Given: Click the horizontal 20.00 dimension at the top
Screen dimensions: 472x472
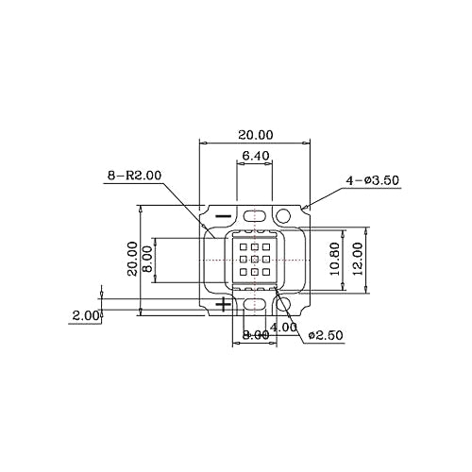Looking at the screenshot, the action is [x=256, y=135].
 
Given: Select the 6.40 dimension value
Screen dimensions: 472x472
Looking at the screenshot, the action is [x=256, y=156].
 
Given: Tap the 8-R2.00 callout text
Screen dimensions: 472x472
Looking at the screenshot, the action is [x=134, y=176].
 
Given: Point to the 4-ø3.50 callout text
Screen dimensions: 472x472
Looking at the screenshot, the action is [x=372, y=180].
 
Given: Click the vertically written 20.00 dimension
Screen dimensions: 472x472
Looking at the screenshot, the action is [x=132, y=259].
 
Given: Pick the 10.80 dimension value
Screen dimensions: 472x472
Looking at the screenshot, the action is [x=335, y=259].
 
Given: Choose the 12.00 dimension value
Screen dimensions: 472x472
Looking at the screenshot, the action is [x=358, y=259].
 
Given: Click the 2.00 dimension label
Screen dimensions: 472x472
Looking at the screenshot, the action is [x=86, y=315].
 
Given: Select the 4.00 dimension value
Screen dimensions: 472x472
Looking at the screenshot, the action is [x=283, y=328].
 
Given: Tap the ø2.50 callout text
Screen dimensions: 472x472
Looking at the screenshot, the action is [x=326, y=335].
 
